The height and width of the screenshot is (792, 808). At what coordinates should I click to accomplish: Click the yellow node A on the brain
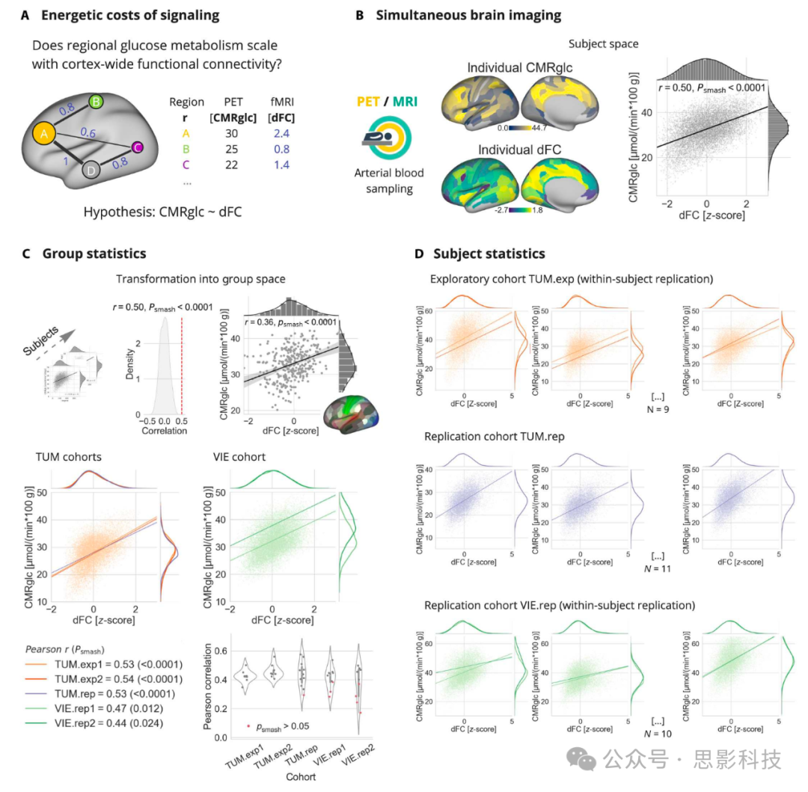pos(44,134)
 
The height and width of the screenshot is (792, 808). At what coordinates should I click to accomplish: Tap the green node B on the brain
pos(95,102)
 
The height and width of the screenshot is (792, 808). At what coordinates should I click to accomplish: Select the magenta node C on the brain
pos(137,147)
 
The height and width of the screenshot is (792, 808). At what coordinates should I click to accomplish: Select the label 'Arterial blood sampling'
pos(389,181)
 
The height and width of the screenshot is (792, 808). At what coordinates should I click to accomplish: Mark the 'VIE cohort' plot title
pos(238,458)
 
